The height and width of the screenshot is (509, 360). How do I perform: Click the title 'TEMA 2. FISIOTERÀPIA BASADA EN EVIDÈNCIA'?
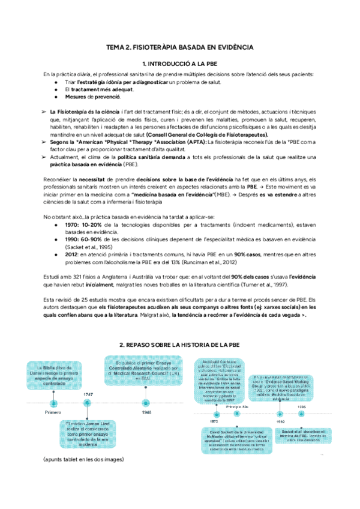[179, 47]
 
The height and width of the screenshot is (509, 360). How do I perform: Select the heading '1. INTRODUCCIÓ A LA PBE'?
[179, 64]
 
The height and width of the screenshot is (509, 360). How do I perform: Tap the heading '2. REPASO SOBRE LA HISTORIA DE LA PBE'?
[179, 346]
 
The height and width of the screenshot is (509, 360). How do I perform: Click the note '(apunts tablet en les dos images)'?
[83, 459]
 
